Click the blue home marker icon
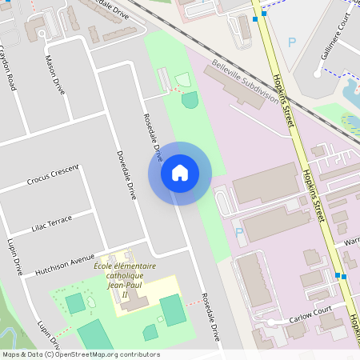(x=180, y=172)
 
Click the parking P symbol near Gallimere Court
(x=292, y=42)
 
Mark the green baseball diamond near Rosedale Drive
(x=190, y=100)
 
